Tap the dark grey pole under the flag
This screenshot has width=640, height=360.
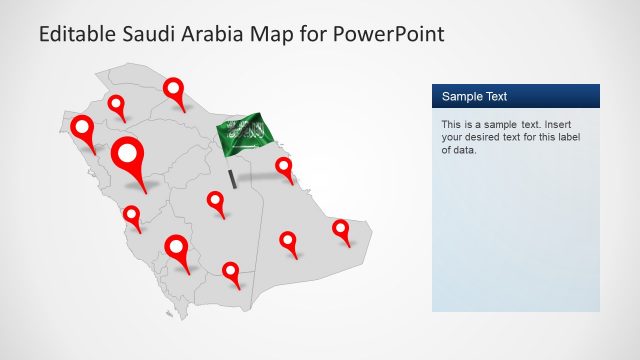pos(233,178)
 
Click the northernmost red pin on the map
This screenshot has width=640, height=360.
pos(176,91)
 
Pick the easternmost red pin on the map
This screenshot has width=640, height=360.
pos(341,229)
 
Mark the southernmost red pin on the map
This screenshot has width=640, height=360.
pos(231,271)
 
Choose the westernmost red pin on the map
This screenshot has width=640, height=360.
pos(82,131)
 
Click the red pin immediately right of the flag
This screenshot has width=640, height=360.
pos(285,167)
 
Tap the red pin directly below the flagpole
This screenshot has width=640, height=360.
pos(216,201)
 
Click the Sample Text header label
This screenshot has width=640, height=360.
pos(475,97)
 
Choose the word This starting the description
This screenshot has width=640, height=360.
pos(452,125)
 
